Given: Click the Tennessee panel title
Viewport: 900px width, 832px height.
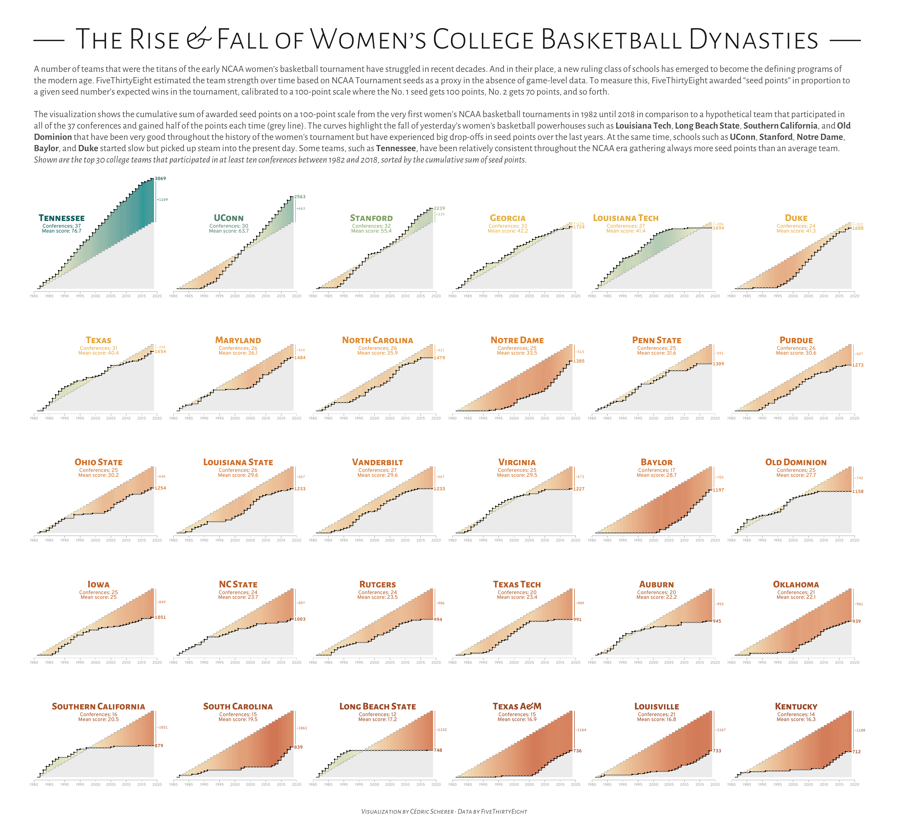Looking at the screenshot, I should [62, 218].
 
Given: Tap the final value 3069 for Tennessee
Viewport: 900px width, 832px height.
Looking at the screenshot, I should [160, 179].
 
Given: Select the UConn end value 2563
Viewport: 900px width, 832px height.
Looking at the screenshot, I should [300, 197].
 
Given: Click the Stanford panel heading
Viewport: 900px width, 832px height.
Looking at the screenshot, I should [371, 218].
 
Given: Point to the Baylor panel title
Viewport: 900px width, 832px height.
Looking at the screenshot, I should [657, 462].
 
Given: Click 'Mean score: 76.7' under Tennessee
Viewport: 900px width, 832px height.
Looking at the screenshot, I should [62, 231].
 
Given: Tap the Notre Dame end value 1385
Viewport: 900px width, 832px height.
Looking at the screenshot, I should [579, 361].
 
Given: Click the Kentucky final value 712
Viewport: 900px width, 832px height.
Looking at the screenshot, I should [856, 751].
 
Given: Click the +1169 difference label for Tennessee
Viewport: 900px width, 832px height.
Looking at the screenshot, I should [162, 199].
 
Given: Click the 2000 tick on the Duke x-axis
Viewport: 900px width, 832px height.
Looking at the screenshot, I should [793, 296].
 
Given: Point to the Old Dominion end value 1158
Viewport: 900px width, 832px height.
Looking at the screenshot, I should [858, 492].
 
